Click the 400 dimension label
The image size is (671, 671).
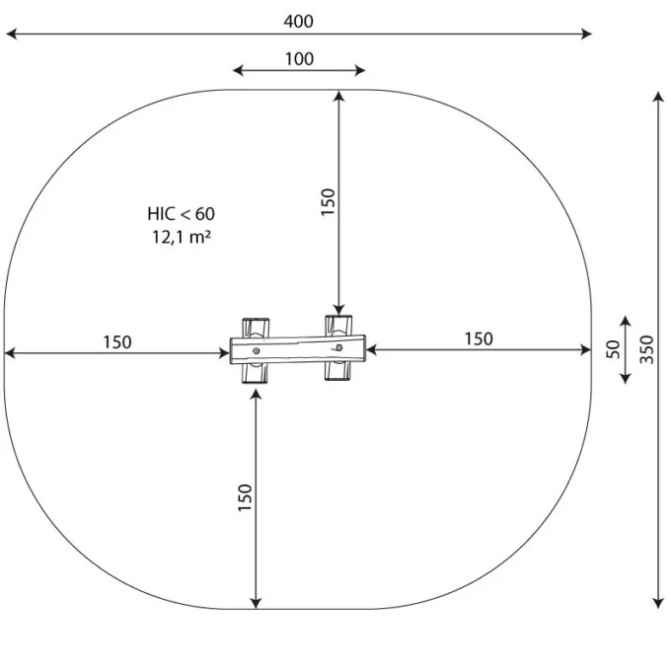click(x=298, y=22)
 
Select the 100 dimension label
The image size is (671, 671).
click(x=300, y=59)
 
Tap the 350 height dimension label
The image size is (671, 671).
click(x=646, y=349)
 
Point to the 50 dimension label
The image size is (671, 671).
click(x=613, y=349)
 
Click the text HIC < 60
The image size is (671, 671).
click(x=181, y=214)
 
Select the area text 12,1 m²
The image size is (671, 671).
click(x=182, y=237)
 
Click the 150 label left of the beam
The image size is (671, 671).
click(x=117, y=342)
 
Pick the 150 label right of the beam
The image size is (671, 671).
click(x=479, y=338)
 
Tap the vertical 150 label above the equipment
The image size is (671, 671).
click(x=328, y=202)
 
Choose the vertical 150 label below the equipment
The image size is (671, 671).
click(x=245, y=497)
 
